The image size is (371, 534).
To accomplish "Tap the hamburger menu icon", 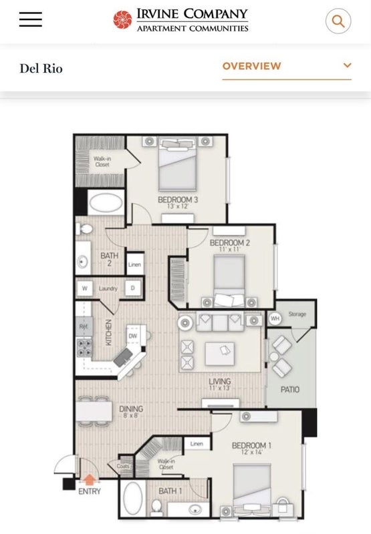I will coord(31,20).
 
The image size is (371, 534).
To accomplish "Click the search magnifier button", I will coord(338,21).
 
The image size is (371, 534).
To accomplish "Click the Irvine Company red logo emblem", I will coord(122,20).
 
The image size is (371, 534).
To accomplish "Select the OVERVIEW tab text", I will coord(251,66).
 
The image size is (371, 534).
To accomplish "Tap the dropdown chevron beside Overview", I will coord(347,65).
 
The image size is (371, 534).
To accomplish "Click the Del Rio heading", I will coord(41,68).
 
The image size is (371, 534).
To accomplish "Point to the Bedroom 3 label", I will coord(178,200).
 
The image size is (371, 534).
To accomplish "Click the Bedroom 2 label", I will coord(229,243).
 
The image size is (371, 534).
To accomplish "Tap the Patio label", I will coord(290,389).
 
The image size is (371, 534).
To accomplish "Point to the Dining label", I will coord(131,409).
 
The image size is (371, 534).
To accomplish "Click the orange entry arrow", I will coord(88,479).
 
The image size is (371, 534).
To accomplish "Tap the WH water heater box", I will coord(275,319).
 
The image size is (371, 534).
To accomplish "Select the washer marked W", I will coord(85,288).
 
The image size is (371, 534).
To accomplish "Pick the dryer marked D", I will coord(132,288).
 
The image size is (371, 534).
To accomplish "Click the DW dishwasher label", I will coord(132,336).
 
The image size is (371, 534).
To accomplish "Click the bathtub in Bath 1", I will coord(132,498).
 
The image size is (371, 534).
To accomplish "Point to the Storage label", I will coord(297,313).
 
